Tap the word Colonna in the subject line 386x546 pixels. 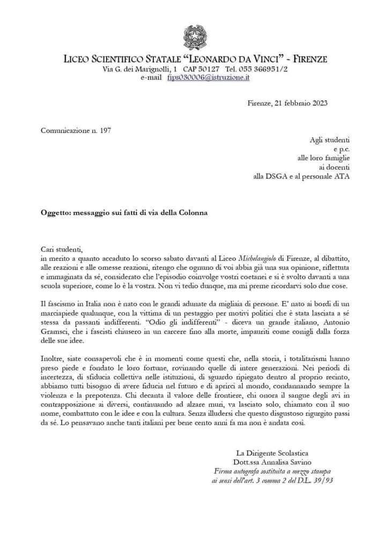191,212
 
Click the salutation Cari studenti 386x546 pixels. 63,249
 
